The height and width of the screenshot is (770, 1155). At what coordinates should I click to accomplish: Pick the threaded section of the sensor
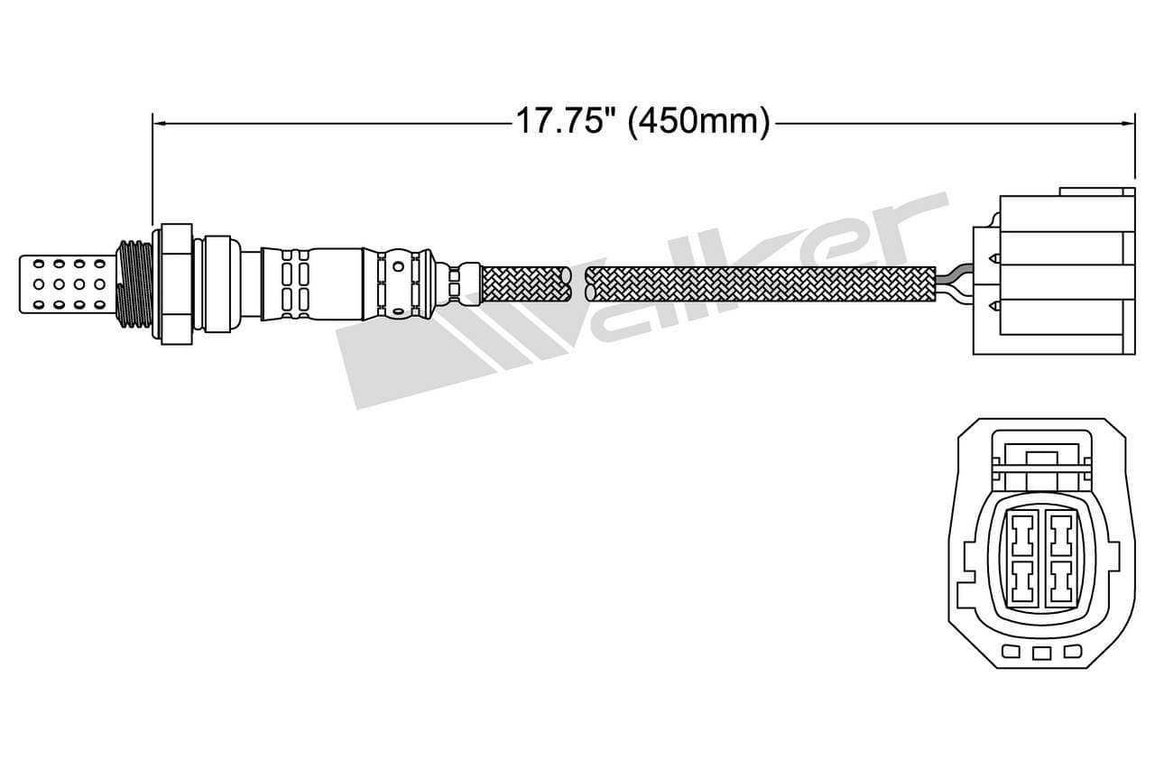134,282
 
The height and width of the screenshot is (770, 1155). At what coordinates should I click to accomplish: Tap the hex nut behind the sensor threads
174,282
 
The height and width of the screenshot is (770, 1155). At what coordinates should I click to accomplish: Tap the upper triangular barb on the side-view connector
994,259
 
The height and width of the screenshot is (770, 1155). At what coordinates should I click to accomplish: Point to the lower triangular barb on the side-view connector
994,305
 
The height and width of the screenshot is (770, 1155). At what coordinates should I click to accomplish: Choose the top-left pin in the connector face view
1021,538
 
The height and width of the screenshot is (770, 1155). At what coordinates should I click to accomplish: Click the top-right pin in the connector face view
1060,538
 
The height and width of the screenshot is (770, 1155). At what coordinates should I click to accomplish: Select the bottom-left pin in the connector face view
1021,581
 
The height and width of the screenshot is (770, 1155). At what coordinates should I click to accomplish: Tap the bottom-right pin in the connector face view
1060,581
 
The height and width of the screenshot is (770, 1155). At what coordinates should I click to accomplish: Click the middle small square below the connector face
1042,654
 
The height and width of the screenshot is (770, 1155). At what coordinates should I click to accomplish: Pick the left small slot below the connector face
1012,652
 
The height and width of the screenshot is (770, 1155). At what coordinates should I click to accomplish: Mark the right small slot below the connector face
1072,652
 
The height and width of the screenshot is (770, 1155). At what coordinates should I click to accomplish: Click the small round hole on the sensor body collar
397,267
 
